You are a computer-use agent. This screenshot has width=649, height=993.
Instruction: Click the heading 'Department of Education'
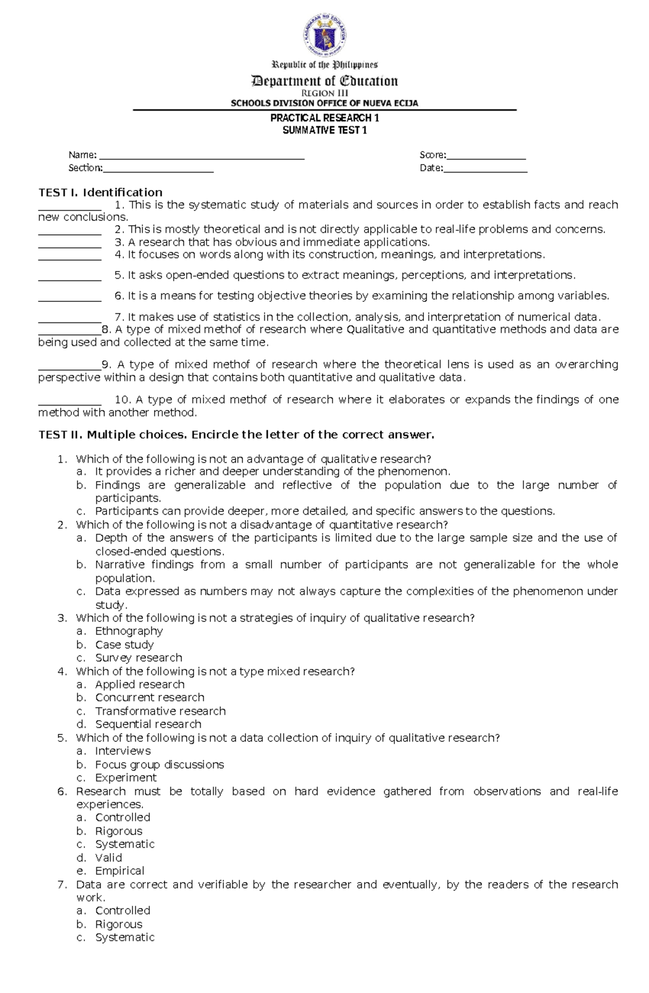tap(325, 81)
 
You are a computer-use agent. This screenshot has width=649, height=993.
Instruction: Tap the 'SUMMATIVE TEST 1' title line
tap(325, 130)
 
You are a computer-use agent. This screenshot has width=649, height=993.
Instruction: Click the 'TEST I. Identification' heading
tap(100, 192)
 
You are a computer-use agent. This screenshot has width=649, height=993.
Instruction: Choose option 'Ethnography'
tap(129, 631)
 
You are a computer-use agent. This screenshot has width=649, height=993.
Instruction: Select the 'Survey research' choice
tap(138, 657)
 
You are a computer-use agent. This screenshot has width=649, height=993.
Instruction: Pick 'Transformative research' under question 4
tap(160, 711)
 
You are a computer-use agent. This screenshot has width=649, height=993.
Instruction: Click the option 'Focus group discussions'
tap(159, 765)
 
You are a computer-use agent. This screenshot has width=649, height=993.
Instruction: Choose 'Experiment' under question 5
tap(125, 778)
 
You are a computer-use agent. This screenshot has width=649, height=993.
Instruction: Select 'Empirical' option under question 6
tap(120, 871)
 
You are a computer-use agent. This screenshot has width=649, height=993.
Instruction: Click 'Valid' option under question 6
tap(108, 858)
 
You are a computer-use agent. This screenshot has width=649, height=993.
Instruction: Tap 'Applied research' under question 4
tap(140, 685)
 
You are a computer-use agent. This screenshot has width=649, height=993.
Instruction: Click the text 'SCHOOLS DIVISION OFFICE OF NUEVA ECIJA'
tap(325, 103)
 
